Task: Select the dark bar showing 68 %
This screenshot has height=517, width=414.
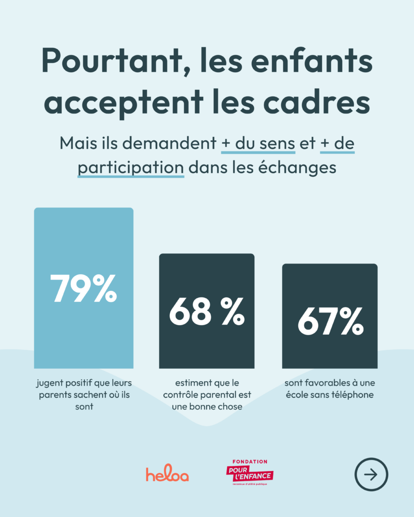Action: (x=206, y=343)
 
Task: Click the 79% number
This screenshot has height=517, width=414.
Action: (x=83, y=289)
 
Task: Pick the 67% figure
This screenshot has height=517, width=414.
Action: (x=330, y=322)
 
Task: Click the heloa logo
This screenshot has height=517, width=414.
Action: (x=167, y=475)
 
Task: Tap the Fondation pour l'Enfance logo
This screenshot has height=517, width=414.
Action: (x=250, y=473)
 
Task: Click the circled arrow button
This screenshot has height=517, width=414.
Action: (x=371, y=475)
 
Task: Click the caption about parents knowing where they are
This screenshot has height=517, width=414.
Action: (x=84, y=394)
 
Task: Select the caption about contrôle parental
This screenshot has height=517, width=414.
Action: (x=207, y=394)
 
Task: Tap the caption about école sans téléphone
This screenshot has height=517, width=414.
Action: (x=329, y=389)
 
